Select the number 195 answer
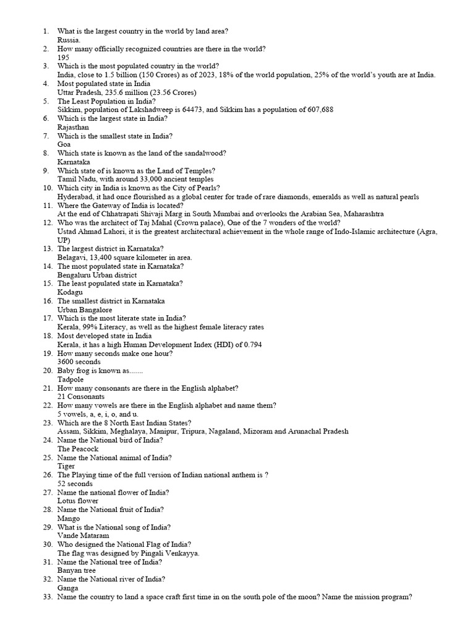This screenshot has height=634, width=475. point(63,57)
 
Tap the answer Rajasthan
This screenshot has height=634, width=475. point(73,127)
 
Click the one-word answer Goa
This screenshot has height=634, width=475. point(64,144)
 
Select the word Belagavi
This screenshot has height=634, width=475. point(72,258)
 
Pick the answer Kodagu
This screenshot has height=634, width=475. point(70,292)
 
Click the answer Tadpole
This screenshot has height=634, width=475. point(71,379)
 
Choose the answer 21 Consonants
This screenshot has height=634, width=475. point(81,396)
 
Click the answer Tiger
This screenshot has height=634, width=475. point(66,466)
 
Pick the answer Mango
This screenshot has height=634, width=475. point(69,518)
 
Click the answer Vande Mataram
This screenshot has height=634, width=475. point(83,536)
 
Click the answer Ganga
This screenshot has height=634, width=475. point(68,588)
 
